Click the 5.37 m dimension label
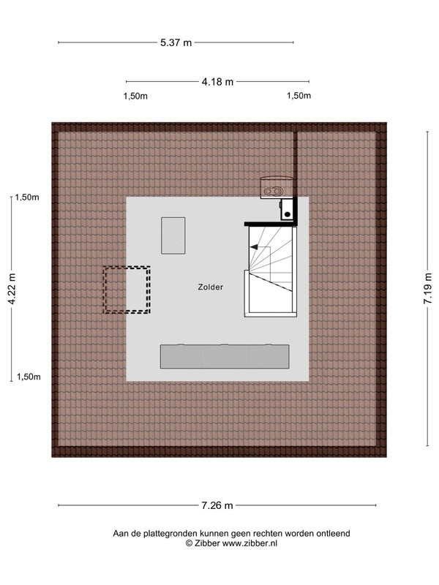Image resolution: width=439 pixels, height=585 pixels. click(x=176, y=42)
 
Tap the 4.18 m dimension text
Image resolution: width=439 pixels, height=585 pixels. click(x=217, y=81)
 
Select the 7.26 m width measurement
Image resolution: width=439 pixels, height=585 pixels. click(x=217, y=505)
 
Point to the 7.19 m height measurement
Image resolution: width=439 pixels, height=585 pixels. click(x=427, y=288)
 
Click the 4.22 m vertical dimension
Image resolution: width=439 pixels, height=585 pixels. click(x=12, y=289)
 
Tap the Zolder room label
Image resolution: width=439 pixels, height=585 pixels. click(x=211, y=287)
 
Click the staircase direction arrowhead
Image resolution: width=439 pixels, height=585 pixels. click(x=254, y=246)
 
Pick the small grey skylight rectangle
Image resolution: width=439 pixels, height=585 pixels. click(x=173, y=235)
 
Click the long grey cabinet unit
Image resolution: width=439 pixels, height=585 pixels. click(x=225, y=357)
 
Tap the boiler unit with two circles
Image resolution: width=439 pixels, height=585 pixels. click(x=277, y=186)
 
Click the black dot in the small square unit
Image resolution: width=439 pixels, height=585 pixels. click(x=288, y=214)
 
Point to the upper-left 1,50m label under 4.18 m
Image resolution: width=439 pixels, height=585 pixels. click(x=135, y=97)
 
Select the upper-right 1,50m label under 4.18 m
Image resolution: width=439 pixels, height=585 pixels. click(x=299, y=96)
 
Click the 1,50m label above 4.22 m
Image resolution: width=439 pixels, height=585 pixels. click(x=27, y=197)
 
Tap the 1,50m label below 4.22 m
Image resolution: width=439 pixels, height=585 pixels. click(x=29, y=377)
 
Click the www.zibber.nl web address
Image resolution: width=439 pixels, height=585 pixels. click(x=249, y=543)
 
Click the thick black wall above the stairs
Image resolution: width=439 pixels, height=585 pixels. click(x=271, y=224)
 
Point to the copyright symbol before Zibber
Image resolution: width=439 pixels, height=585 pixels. click(x=189, y=543)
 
